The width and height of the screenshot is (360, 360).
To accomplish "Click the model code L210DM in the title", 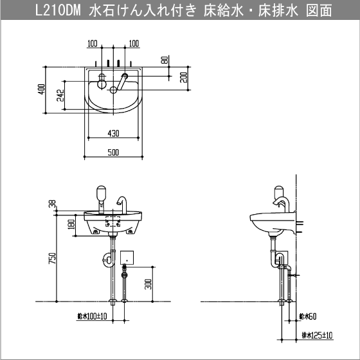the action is point(58,10).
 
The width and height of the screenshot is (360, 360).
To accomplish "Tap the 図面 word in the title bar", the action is point(319,10).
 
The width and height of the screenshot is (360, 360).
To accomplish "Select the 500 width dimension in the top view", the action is point(113,152).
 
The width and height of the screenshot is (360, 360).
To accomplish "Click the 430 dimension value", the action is point(113,133).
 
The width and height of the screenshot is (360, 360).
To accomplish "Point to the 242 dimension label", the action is point(60,95).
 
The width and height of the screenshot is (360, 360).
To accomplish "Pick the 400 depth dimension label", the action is point(42,89).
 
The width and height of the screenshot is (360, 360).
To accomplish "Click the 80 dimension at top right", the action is point(165,60).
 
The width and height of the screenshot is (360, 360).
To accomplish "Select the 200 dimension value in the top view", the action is point(184,78).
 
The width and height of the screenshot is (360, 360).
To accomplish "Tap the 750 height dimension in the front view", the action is point(52,258).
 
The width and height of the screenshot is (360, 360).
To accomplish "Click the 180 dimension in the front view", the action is point(71,224).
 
